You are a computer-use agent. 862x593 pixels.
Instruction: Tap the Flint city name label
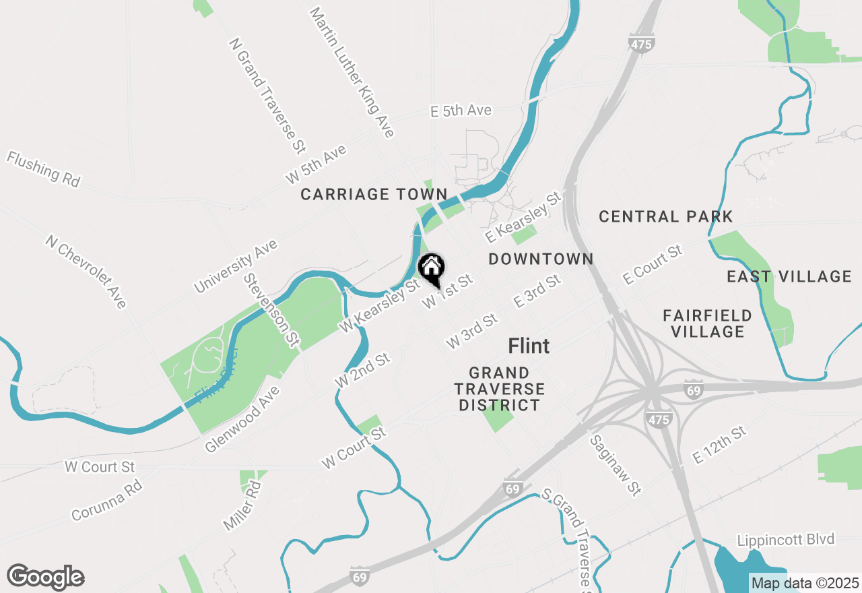tap(529, 346)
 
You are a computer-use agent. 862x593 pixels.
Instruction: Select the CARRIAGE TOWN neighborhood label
tap(374, 195)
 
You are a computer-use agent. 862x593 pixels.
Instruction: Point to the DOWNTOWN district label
tap(541, 259)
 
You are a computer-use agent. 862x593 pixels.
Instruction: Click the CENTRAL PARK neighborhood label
tap(665, 217)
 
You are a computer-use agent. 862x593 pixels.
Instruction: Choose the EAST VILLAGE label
tap(789, 277)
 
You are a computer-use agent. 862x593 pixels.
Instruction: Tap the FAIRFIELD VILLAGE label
tap(707, 323)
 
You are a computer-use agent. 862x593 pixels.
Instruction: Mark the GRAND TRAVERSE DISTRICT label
tap(499, 389)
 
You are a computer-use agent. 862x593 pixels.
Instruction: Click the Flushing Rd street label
tap(43, 169)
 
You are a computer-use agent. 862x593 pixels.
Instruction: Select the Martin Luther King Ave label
tap(352, 73)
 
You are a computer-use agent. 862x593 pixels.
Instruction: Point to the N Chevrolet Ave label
tap(86, 272)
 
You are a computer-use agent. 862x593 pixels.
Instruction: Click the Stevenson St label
tap(271, 310)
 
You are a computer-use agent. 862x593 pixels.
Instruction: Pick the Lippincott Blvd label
tap(785, 540)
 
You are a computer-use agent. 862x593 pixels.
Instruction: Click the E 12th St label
tap(720, 445)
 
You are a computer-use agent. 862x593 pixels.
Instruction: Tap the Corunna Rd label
tap(106, 500)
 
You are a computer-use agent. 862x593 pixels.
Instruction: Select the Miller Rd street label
tap(242, 505)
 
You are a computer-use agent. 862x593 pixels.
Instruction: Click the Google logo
tap(45, 578)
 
